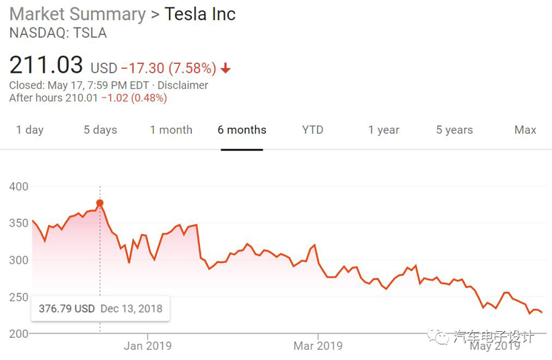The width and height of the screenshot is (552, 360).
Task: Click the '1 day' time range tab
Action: tap(30, 130)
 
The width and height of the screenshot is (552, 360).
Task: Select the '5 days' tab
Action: tap(100, 130)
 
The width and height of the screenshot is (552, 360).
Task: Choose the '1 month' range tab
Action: tap(171, 130)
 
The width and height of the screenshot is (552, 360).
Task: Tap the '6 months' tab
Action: tap(242, 130)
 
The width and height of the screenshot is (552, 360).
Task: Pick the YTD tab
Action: tap(312, 130)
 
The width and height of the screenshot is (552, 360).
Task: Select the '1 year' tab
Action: tap(384, 130)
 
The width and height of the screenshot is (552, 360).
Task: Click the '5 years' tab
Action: tap(454, 130)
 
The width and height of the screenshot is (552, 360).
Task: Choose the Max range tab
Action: tap(525, 130)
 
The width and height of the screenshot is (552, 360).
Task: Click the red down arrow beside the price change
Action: tap(226, 69)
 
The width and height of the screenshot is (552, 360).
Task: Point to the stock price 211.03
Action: tap(46, 66)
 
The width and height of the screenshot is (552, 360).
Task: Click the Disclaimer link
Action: tap(182, 85)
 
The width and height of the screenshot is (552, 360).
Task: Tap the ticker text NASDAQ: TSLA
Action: tap(58, 33)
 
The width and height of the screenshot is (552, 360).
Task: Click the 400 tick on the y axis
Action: tap(19, 186)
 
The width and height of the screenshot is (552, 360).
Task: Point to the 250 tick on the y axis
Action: tap(19, 297)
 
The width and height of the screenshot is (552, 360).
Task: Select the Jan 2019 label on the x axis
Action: tap(147, 346)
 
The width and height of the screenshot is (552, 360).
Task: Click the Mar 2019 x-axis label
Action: tap(318, 346)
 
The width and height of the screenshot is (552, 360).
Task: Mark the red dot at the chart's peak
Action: tap(100, 203)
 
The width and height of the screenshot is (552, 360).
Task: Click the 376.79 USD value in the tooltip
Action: tap(67, 309)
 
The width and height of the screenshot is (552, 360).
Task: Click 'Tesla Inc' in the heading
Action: tap(200, 14)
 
